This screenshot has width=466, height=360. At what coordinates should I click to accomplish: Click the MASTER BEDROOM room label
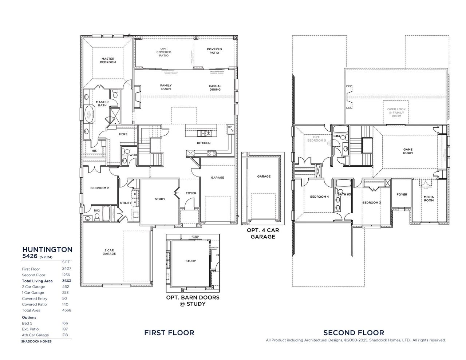[108, 60]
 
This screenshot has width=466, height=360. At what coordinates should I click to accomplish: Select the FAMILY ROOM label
[166, 87]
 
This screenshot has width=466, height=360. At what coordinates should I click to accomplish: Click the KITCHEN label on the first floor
[204, 143]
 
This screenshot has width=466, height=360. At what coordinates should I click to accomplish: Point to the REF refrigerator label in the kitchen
[229, 127]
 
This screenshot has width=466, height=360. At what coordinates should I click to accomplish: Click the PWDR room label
[132, 155]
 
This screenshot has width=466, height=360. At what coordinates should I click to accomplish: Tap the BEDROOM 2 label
[99, 188]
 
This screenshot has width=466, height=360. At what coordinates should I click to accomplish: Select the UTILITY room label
[126, 203]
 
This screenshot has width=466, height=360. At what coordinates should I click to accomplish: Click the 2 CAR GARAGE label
[109, 252]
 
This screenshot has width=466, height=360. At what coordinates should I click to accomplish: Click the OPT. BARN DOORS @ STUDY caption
[193, 300]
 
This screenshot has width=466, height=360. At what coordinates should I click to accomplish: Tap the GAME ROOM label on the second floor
[408, 151]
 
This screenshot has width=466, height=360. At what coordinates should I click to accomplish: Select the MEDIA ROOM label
[429, 198]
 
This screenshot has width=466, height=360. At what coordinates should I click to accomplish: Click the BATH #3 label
[344, 194]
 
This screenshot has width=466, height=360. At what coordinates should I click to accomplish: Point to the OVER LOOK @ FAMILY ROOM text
[396, 112]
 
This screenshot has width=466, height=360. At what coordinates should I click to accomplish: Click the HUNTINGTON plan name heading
[47, 249]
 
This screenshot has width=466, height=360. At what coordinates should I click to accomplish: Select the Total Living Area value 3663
[66, 281]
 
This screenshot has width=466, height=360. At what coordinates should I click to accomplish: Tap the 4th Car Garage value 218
[65, 335]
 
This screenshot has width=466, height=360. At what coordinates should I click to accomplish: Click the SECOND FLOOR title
[354, 332]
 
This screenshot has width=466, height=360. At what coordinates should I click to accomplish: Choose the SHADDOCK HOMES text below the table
[36, 341]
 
